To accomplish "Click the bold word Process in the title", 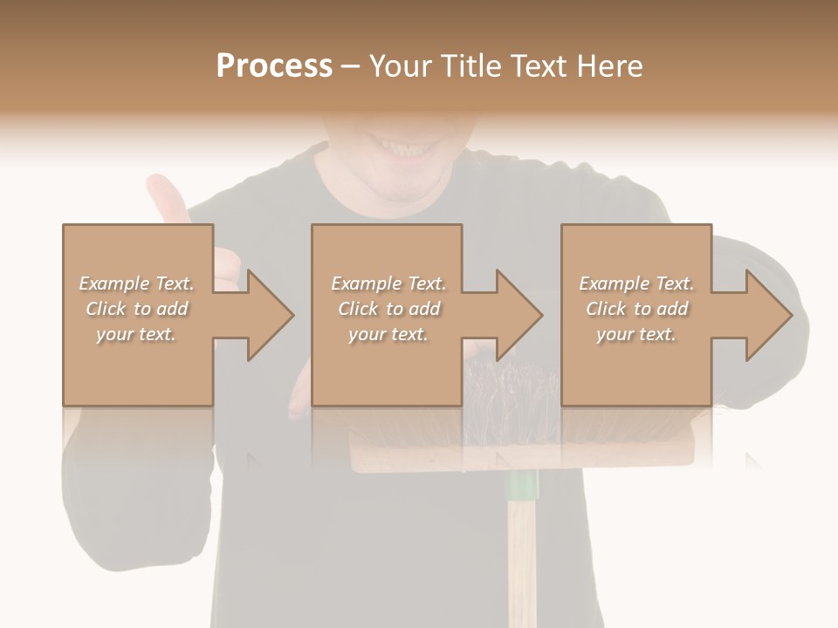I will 274,66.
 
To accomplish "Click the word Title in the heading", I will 469,66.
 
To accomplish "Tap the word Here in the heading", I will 610,66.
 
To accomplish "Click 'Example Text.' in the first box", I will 137,283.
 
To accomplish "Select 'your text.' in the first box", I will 137,334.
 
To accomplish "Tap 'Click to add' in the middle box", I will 388,309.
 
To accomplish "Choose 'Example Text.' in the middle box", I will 388,283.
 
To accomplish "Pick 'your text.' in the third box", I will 636,334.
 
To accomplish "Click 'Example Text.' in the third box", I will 636,283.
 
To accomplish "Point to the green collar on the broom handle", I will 522,485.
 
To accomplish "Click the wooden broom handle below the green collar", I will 522,558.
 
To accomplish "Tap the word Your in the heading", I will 400,66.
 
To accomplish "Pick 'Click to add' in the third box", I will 636,309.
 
